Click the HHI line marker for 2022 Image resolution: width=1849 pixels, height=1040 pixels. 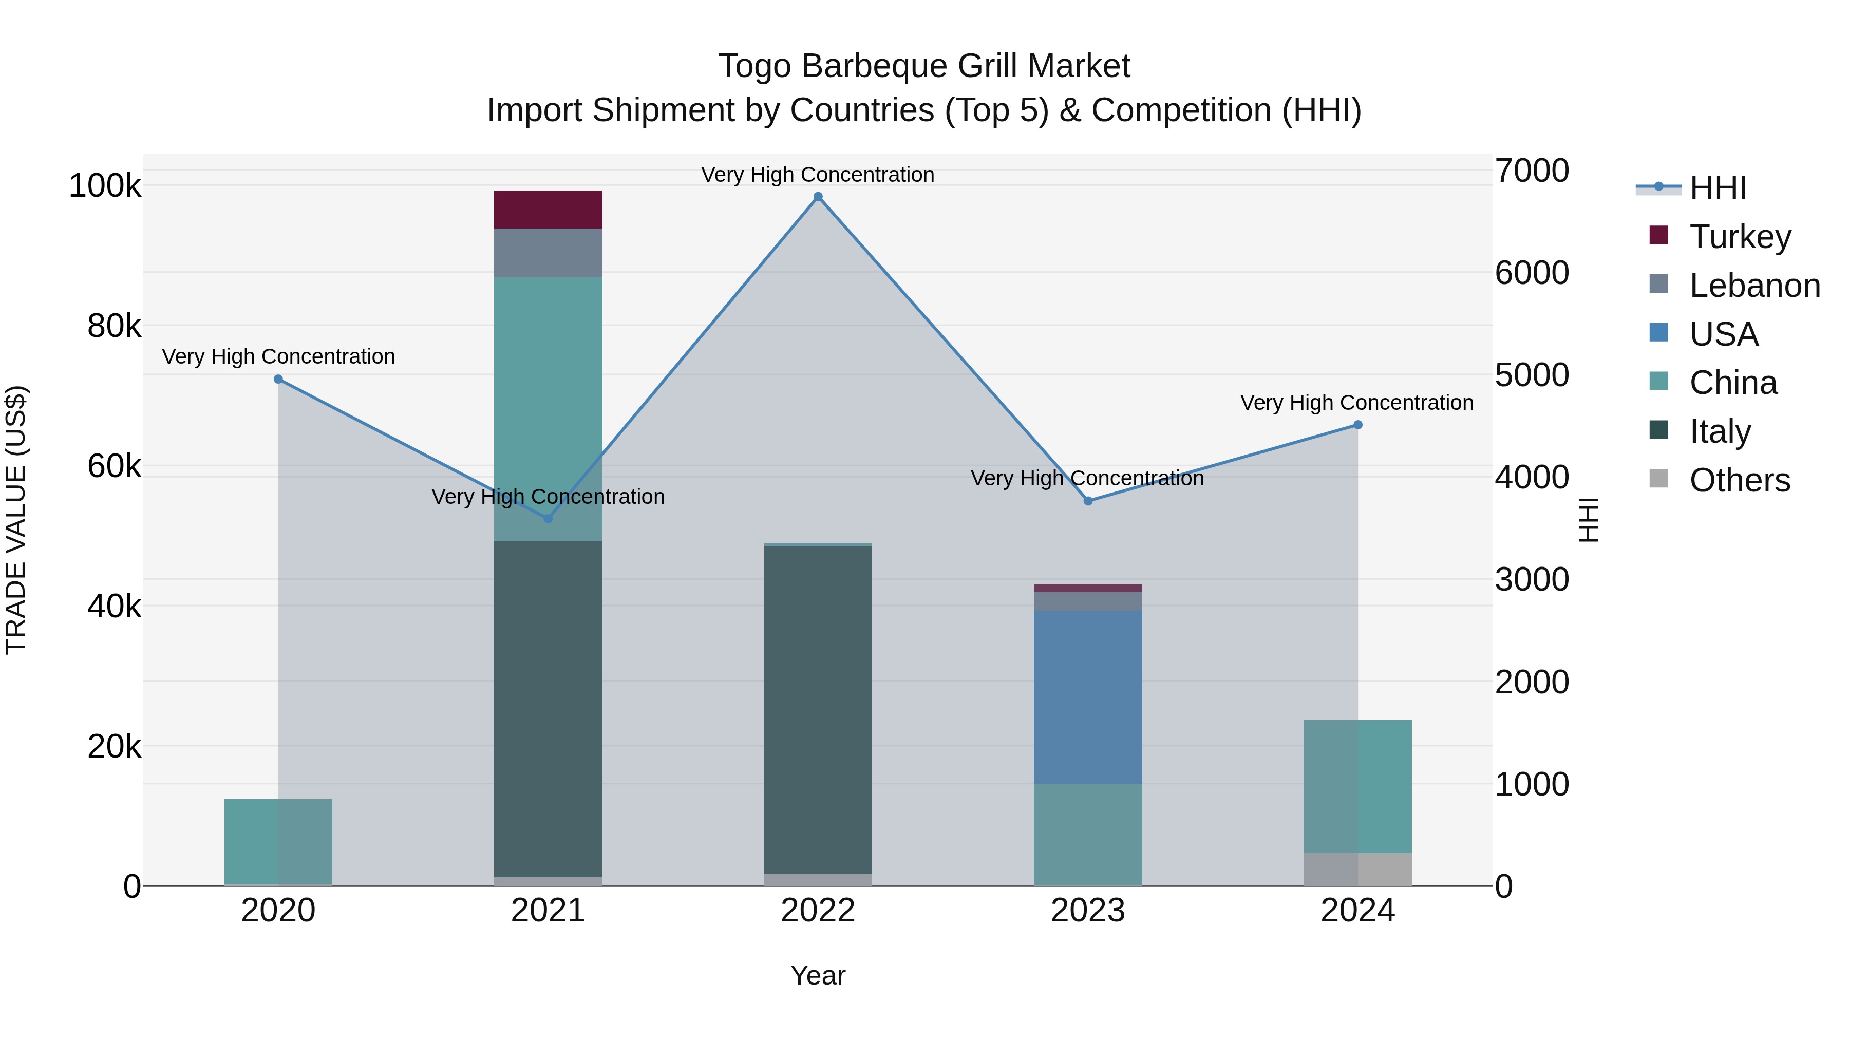818,197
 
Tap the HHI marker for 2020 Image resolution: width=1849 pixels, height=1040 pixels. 278,379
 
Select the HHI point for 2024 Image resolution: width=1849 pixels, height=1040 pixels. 1357,425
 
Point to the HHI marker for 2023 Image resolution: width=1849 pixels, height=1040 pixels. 1087,501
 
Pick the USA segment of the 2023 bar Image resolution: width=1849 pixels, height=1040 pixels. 1087,696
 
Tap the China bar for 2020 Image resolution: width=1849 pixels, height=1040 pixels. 278,841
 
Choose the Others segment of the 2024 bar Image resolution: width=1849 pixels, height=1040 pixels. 1357,868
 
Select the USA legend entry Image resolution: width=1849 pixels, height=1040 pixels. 1723,334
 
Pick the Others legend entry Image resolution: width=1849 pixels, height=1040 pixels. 1739,480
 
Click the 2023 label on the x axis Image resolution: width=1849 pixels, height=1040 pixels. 1087,911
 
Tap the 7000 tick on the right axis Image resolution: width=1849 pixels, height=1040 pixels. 1532,171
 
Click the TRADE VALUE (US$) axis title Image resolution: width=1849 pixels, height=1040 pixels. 16,520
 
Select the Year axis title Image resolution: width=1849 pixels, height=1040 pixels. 818,975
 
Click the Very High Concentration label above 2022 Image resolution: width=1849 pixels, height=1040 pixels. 818,175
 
